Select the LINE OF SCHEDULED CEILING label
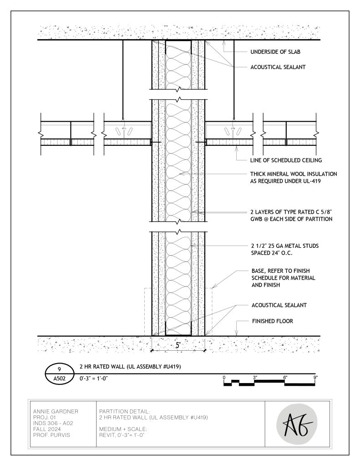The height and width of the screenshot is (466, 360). click(287, 160)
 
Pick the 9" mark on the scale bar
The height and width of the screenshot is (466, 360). click(315, 377)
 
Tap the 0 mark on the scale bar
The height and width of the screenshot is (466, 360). click(224, 377)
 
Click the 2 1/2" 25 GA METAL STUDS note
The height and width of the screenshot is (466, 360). click(285, 249)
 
